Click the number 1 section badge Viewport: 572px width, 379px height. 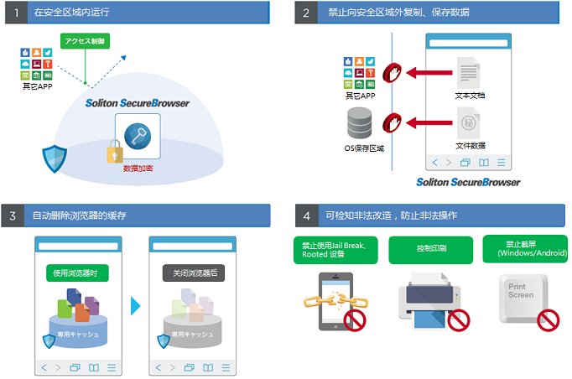tap(14, 13)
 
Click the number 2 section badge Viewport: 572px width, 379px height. tap(306, 13)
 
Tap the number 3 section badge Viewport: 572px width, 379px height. tap(14, 215)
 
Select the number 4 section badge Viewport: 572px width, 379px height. tap(306, 215)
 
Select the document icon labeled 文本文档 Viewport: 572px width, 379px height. tap(469, 72)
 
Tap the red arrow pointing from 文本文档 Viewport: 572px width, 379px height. tap(427, 74)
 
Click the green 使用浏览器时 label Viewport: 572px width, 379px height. tap(77, 273)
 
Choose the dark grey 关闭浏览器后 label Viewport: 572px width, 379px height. tap(193, 273)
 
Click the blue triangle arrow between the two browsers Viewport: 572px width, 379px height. tap(135, 305)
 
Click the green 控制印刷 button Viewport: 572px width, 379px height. tap(431, 249)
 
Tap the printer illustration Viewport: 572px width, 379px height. tap(430, 300)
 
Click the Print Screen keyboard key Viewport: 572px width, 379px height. tap(523, 297)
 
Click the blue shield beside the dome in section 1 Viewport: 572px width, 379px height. tap(54, 157)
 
